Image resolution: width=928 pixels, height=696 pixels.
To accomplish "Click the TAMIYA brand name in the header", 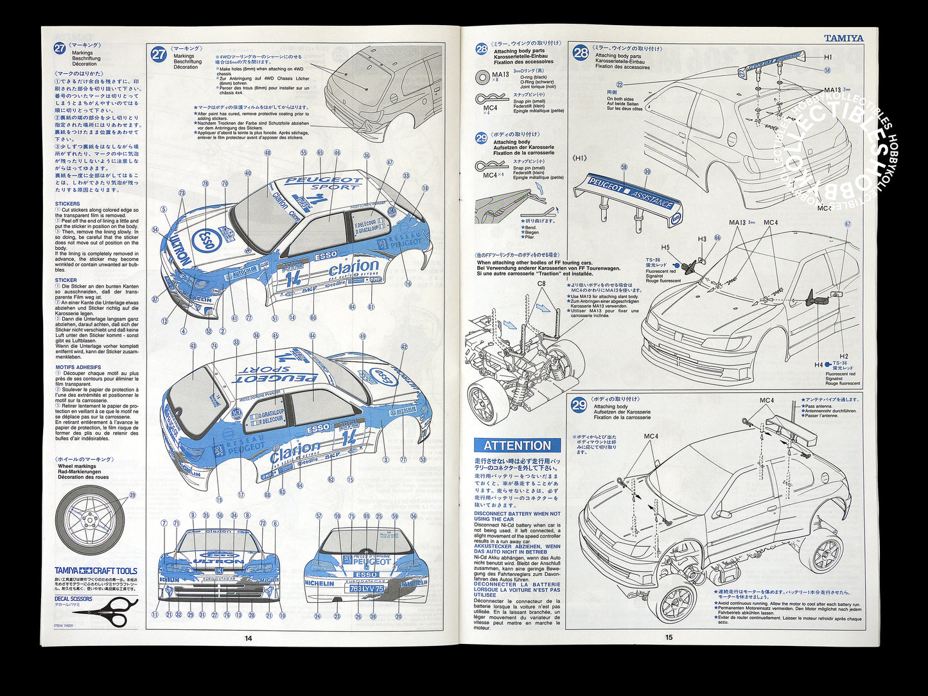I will [x=843, y=39].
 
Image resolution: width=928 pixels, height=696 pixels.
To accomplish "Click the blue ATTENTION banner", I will [x=517, y=446].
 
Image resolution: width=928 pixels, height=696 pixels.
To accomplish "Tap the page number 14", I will [x=249, y=638].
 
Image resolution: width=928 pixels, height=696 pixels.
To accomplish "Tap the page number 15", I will [x=669, y=638].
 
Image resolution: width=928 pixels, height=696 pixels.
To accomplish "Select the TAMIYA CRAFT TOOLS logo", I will [x=96, y=571].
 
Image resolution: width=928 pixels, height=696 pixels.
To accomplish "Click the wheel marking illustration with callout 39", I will [x=88, y=520].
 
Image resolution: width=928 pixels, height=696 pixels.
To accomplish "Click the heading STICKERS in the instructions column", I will [x=67, y=204].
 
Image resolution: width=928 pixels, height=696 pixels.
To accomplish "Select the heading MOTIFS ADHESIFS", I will [x=78, y=367].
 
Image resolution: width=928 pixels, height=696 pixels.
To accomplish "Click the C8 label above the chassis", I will [x=541, y=283].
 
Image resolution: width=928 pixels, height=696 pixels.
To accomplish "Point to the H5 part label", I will [x=665, y=247].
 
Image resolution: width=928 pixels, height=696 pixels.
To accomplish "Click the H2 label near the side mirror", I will [x=843, y=356].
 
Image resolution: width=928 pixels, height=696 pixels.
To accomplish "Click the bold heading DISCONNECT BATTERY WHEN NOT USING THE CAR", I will [x=517, y=516].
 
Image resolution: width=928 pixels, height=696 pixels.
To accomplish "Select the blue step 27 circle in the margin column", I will [x=60, y=48].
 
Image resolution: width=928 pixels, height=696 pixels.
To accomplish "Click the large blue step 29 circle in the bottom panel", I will [x=579, y=405].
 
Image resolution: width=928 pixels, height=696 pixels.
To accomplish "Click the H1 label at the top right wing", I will [x=828, y=57].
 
